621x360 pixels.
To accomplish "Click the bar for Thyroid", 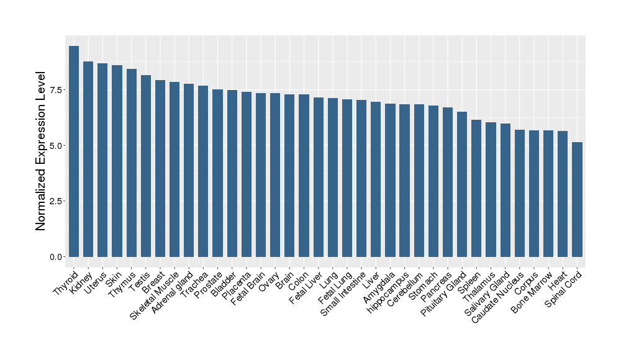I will point(74,151).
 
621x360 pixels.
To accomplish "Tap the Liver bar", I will point(376,179).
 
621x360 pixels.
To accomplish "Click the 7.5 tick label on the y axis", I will point(56,90).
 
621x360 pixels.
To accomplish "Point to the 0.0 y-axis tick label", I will point(56,257).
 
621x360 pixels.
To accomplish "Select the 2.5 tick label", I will point(56,201).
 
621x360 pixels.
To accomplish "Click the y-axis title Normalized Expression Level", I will point(41,151).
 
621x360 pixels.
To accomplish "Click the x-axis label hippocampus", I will point(388,292).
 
